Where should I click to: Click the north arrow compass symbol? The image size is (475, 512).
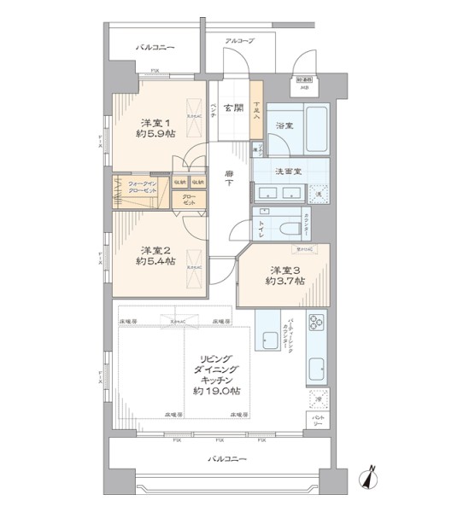(x=372, y=480)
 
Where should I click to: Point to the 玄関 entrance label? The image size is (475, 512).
(x=232, y=108)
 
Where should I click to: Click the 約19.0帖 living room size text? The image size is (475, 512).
(x=215, y=390)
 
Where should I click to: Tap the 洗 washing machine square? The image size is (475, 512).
(x=316, y=194)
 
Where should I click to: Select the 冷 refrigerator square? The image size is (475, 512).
(x=316, y=399)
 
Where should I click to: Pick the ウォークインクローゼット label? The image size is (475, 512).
(x=142, y=186)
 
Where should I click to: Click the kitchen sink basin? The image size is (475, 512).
(x=316, y=369)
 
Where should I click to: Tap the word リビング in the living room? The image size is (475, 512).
(x=215, y=358)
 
